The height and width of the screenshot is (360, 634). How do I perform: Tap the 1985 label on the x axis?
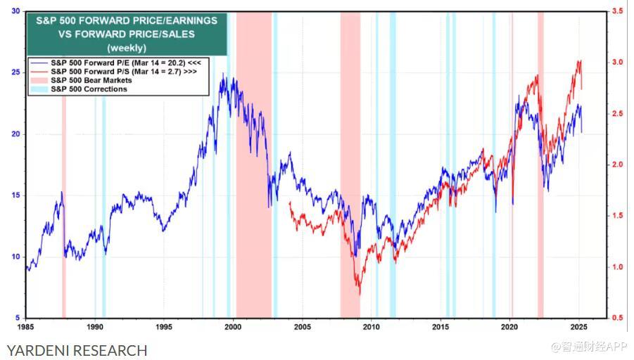pos(26,326)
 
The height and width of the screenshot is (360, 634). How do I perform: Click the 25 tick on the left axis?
pos(15,73)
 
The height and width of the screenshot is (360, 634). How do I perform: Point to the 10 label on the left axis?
pos(15,257)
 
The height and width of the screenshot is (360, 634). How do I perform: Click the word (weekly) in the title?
pos(127,47)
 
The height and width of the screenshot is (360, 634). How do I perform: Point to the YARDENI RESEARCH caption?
pos(77,350)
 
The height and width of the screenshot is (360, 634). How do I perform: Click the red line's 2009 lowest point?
pos(360,294)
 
